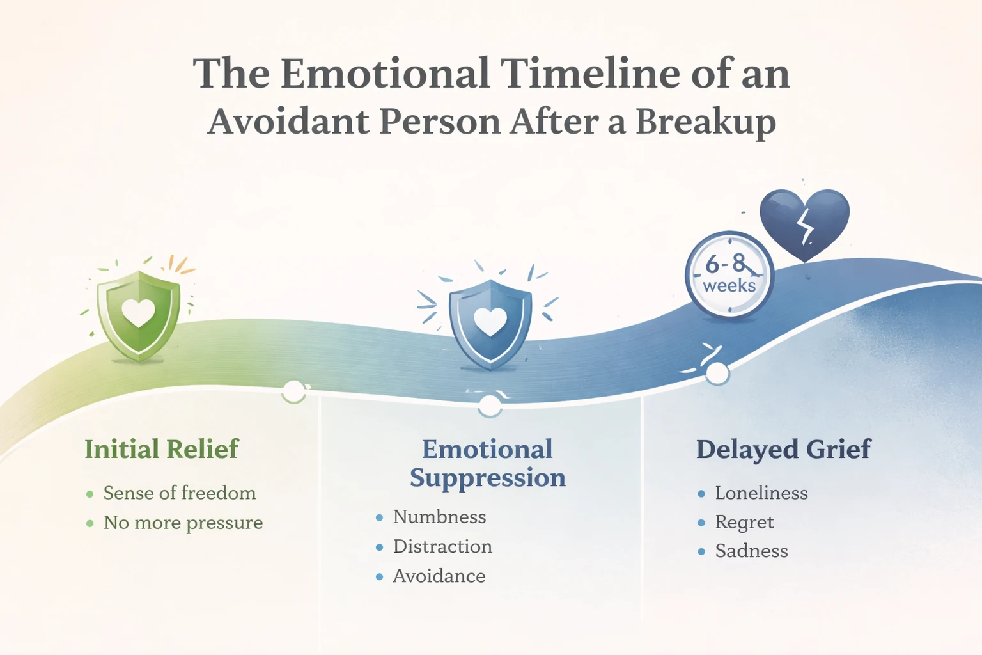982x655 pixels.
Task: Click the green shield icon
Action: pos(138,315)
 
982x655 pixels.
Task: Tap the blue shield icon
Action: pos(490,324)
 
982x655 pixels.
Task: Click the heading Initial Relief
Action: pos(162,449)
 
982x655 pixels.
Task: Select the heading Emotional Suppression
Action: pos(487,463)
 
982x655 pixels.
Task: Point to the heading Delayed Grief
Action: pos(783,449)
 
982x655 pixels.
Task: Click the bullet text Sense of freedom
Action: pos(180,493)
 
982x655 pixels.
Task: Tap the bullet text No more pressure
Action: pos(183,523)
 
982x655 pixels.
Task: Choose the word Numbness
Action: pos(439,517)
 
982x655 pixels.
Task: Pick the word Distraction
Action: pos(442,546)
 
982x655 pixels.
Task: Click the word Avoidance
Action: pos(439,576)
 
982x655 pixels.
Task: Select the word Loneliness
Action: pos(761,493)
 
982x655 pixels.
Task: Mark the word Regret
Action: pos(744,523)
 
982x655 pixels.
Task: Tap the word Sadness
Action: pos(751,551)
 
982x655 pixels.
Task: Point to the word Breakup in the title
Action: pos(705,122)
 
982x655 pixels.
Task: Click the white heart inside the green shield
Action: pos(139,312)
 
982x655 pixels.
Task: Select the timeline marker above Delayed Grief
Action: pos(717,374)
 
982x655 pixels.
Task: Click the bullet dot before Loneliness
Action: pos(701,494)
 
